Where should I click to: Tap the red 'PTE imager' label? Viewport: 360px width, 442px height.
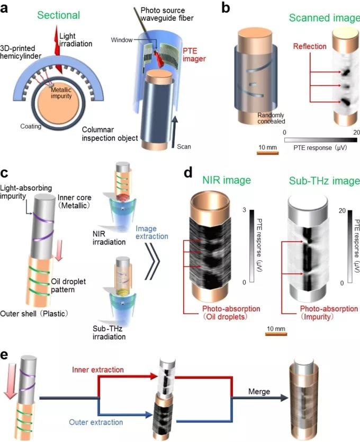tap(194, 67)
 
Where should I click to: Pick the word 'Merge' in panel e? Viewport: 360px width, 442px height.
tap(258, 392)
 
